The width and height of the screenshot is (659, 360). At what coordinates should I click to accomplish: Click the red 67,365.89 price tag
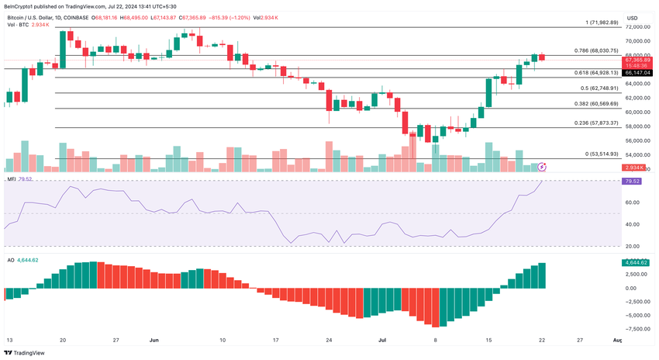[637, 59]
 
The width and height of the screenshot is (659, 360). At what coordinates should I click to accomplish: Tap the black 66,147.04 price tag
[637, 72]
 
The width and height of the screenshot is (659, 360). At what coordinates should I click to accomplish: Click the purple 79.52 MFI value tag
[631, 181]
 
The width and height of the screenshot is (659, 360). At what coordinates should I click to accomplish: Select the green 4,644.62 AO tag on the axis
[636, 262]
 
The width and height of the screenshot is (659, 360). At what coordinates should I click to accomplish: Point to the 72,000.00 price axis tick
[637, 27]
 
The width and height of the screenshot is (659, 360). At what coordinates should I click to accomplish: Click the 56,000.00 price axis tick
[637, 141]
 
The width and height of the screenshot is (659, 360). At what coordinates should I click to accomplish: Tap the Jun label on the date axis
[153, 340]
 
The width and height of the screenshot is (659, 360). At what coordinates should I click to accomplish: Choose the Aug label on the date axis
[617, 340]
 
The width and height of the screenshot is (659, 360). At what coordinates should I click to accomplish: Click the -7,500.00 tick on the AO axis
[636, 329]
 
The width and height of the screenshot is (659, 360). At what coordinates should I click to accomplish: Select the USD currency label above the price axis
[633, 18]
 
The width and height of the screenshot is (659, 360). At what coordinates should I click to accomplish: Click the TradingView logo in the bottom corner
[24, 352]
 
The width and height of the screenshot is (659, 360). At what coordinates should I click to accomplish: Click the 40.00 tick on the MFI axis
[632, 224]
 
